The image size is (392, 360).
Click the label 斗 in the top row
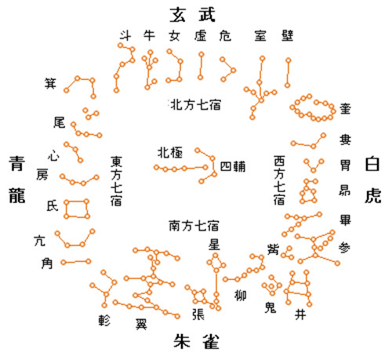125,35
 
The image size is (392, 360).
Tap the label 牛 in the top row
149,35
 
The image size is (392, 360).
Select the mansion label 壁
288,36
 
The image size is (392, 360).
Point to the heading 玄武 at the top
193,15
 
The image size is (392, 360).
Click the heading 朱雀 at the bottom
196,341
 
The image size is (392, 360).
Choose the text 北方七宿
195,105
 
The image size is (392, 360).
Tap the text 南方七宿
194,226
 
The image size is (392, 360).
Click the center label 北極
170,153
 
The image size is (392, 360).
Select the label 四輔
233,166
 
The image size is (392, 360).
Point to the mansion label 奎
345,108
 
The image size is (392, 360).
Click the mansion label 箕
50,83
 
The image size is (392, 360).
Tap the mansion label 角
47,264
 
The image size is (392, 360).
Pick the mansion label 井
300,315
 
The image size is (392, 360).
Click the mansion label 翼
141,324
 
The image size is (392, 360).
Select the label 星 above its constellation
214,245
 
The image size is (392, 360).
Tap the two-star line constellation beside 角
76,262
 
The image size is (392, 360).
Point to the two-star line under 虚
201,66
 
